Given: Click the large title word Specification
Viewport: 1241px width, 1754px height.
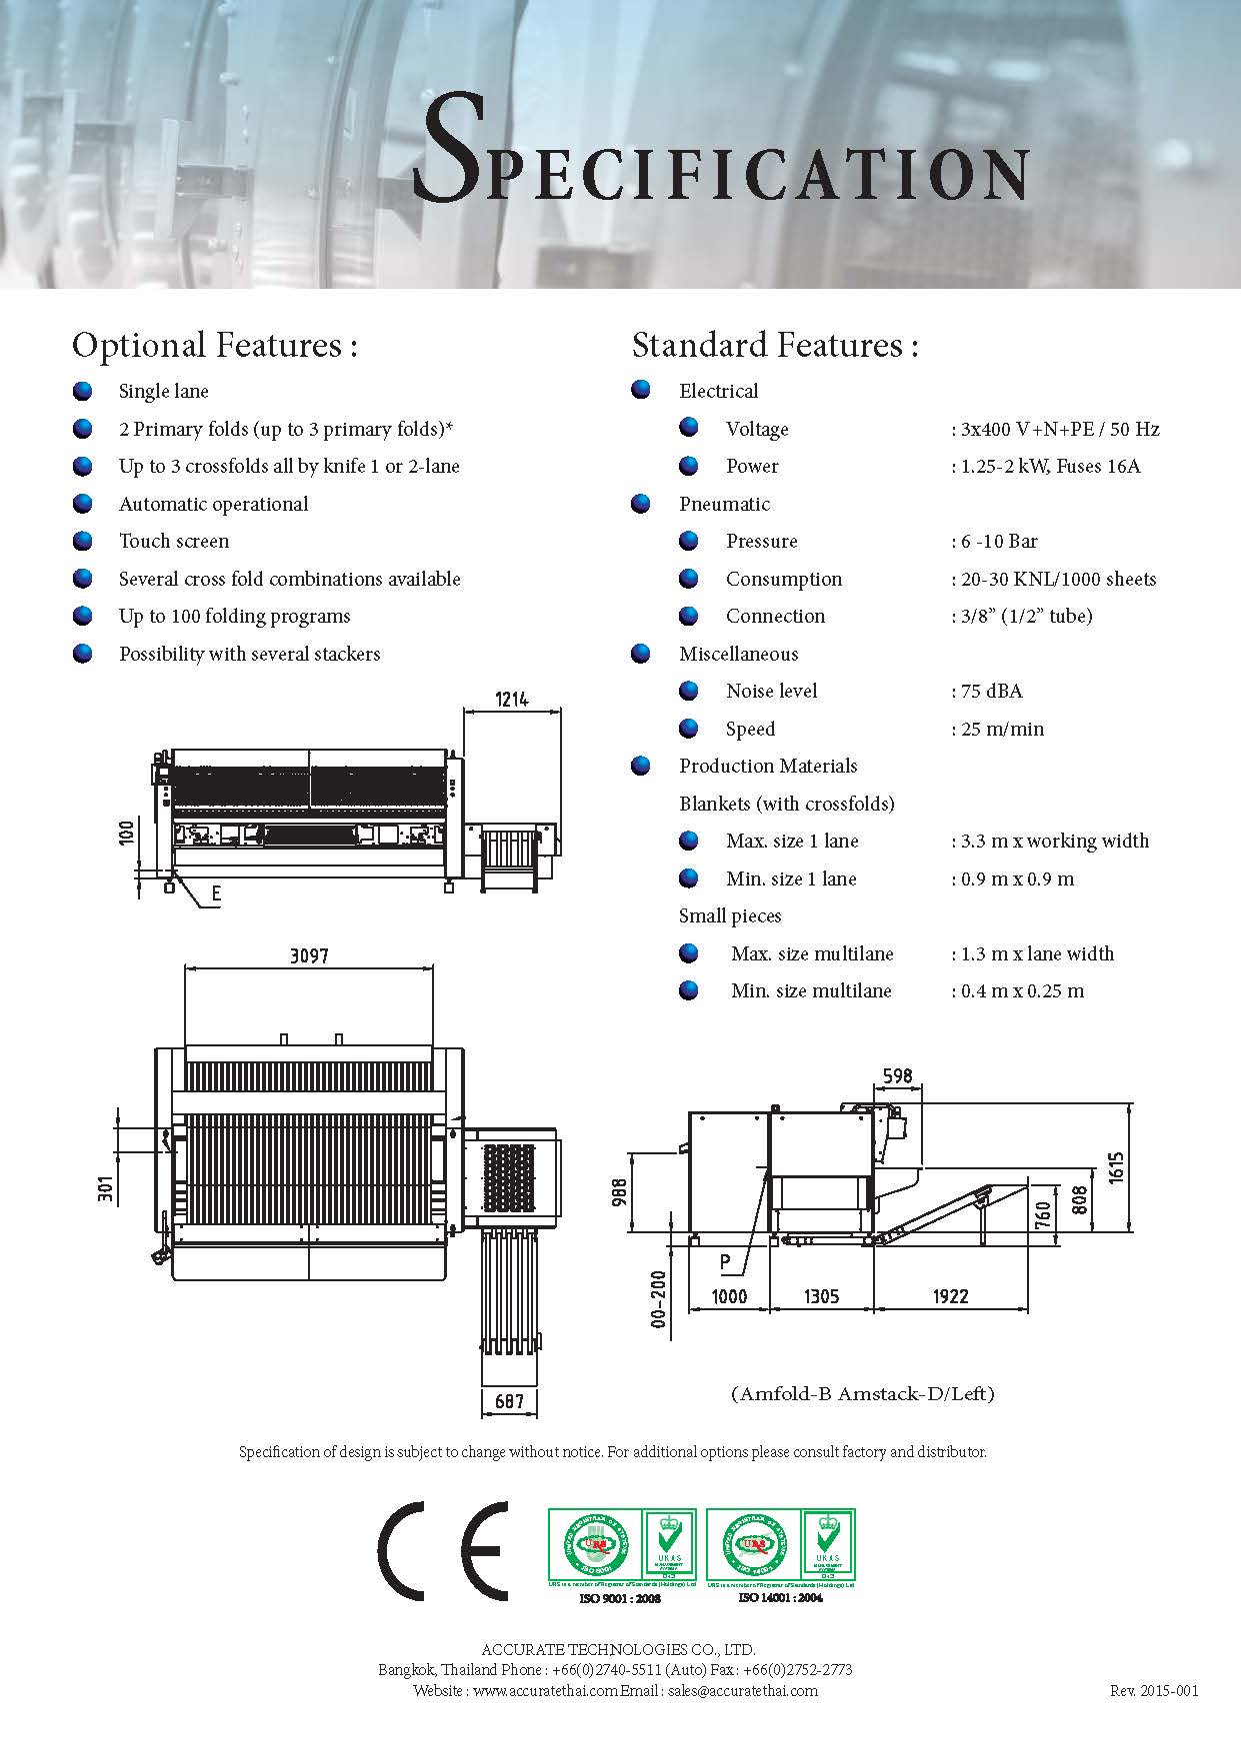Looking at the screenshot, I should point(720,150).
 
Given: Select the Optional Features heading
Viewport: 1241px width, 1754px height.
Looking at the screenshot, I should point(214,345).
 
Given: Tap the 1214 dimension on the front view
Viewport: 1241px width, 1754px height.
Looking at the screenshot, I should point(511,699).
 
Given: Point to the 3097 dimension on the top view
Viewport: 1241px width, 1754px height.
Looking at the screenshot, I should point(309,955).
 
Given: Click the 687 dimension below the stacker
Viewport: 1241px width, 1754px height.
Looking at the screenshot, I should point(510,1401).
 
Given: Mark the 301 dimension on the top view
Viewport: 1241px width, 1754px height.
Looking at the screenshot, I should point(106,1186).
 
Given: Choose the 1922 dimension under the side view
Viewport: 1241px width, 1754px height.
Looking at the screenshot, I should point(950,1296).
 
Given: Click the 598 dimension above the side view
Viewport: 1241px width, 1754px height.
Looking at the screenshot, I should point(897,1075).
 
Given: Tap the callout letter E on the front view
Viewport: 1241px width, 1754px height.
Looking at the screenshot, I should point(216,894).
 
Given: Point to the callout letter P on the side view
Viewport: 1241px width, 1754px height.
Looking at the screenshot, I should point(726,1262).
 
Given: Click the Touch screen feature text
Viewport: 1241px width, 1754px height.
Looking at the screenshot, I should point(174,542).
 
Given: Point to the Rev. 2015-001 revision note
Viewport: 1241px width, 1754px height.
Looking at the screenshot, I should point(1153,1691).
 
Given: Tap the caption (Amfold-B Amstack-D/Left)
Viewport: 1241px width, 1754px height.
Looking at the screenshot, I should point(863,1393).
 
